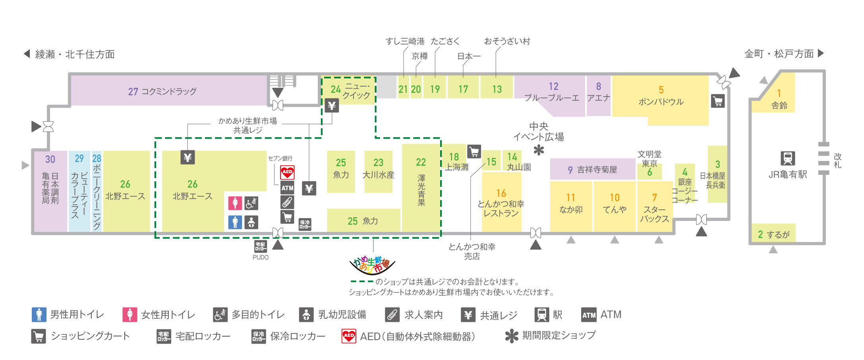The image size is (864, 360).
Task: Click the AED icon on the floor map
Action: (x=287, y=172)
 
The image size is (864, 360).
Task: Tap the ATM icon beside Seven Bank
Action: (x=287, y=188)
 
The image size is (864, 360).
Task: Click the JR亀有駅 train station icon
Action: (x=787, y=158)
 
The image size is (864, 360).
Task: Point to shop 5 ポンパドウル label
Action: (x=661, y=97)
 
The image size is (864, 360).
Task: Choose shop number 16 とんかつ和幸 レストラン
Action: (x=501, y=203)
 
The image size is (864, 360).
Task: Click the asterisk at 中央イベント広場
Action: (x=539, y=150)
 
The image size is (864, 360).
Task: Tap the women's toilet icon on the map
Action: (x=235, y=203)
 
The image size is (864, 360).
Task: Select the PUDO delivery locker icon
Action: (x=261, y=246)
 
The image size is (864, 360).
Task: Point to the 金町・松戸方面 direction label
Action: (x=779, y=54)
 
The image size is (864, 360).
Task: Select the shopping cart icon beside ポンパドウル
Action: (x=718, y=101)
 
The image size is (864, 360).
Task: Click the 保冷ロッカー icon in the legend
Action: (x=259, y=336)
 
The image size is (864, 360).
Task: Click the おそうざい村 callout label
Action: (x=507, y=41)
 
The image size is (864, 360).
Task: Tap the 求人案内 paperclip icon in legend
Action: (x=392, y=315)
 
